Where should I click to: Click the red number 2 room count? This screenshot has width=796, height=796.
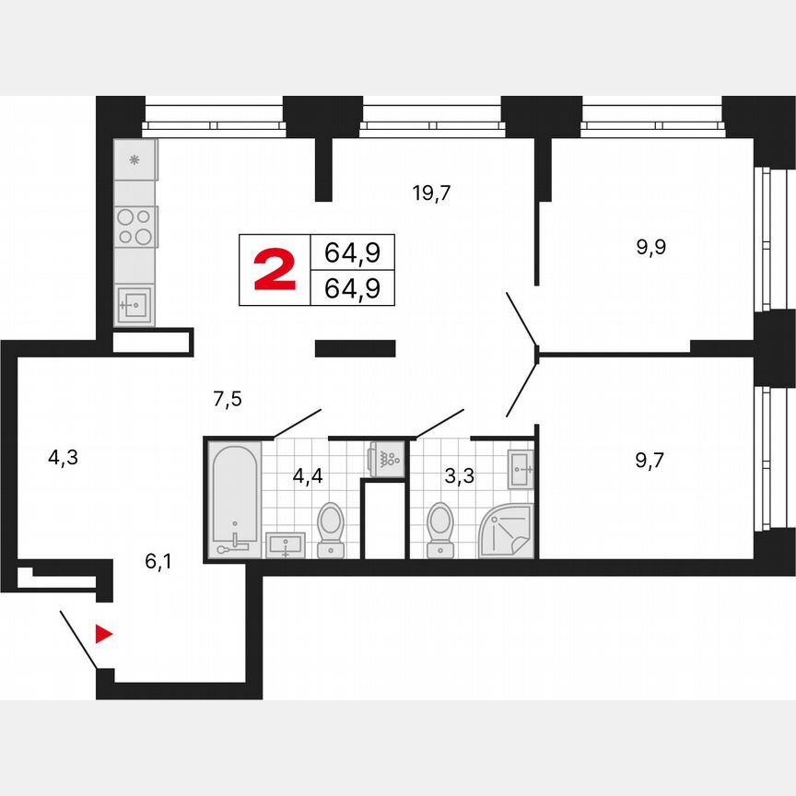(x=275, y=270)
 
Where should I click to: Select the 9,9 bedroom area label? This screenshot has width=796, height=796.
(x=650, y=247)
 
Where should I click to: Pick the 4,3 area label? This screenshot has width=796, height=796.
(x=63, y=456)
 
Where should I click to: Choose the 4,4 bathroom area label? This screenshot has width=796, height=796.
(x=309, y=476)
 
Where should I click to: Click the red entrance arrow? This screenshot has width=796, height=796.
(x=104, y=634)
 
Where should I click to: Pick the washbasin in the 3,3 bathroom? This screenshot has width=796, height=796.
(x=521, y=469)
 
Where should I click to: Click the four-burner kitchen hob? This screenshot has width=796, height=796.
(x=135, y=227)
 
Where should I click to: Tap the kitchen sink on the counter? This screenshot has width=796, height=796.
(x=135, y=303)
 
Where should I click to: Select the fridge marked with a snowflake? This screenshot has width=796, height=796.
(x=135, y=161)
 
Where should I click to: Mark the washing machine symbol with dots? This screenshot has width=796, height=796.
(x=386, y=458)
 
